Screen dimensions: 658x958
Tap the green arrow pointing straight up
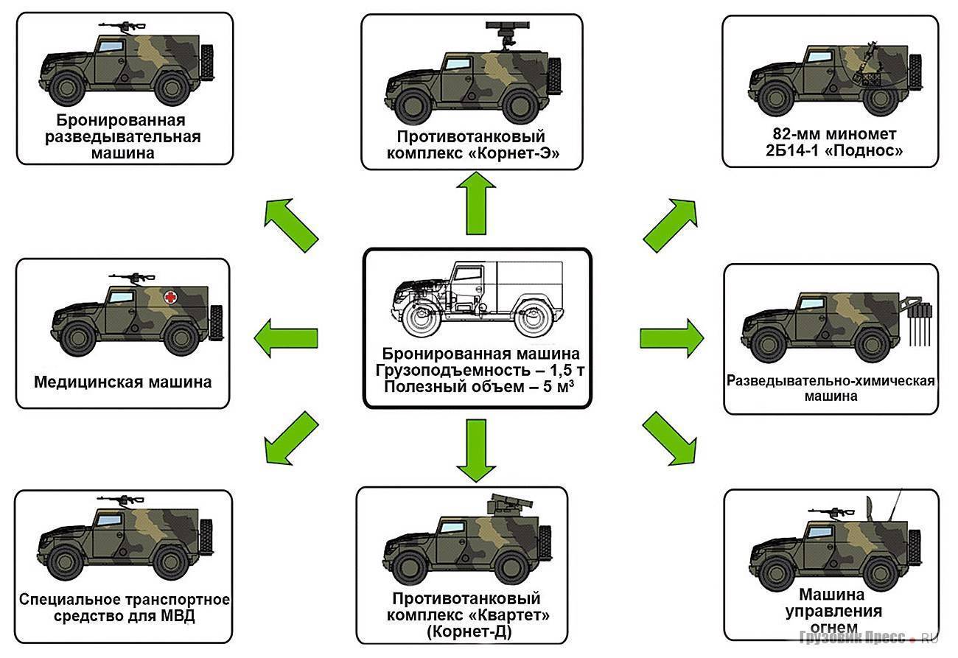tap(475, 205)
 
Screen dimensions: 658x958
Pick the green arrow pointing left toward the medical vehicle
tap(285, 338)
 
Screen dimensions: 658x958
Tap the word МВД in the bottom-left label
tap(180, 616)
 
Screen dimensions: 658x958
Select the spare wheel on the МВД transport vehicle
tap(206, 535)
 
